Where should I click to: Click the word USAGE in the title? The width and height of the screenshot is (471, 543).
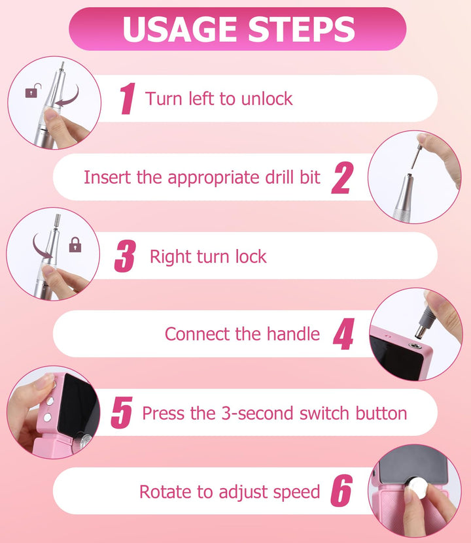click(182, 29)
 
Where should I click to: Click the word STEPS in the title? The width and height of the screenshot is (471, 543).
click(302, 29)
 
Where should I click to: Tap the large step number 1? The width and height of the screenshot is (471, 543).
click(127, 99)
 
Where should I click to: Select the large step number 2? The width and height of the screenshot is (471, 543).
click(342, 178)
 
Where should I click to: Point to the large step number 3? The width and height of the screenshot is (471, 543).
click(125, 256)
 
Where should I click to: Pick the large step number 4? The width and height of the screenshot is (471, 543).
click(343, 334)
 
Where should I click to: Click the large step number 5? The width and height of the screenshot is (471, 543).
click(122, 412)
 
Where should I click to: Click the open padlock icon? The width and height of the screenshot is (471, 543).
click(33, 91)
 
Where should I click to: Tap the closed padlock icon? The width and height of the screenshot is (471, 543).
click(75, 244)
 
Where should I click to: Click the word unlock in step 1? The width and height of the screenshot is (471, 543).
click(267, 99)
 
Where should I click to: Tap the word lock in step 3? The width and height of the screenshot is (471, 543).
click(251, 256)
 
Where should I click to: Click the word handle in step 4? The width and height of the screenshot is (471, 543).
click(293, 334)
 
